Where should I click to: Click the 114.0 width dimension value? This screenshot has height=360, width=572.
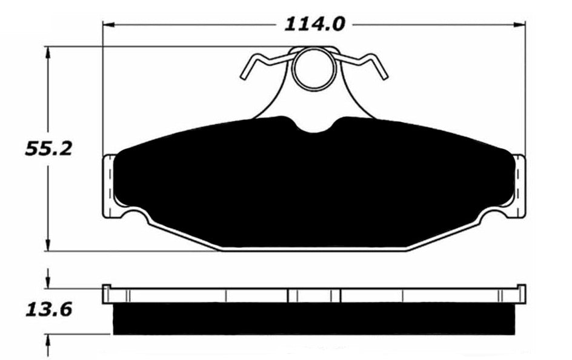pos(313,24)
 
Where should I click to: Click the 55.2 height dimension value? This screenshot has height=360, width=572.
pos(48,148)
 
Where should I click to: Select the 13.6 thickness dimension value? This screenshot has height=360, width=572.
pos(48,310)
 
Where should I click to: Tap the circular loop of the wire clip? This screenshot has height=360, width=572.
pos(314,68)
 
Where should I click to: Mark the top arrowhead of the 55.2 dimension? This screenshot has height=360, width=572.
pos(48,52)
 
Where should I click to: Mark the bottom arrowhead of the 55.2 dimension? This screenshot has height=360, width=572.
pos(48,245)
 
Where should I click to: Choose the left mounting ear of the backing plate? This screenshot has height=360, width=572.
pos(108,185)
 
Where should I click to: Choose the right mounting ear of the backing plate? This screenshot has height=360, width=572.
pos(519,185)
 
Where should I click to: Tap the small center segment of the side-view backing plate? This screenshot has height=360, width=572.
pos(314,296)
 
